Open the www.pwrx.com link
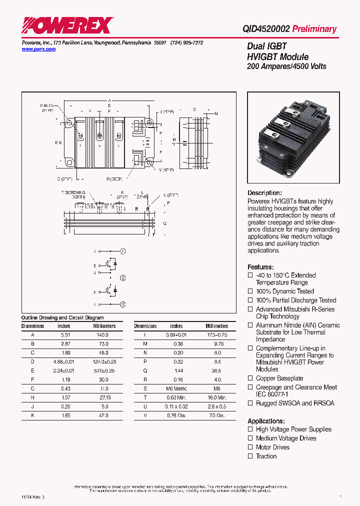point(38,49)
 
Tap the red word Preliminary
point(314,29)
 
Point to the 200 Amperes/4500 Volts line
point(286,66)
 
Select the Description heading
point(264,193)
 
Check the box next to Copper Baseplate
point(250,378)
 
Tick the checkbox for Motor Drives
point(250,447)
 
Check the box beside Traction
point(250,456)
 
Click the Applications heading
point(266,421)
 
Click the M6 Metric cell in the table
point(176,388)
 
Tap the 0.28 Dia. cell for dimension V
point(176,415)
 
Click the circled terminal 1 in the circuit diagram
point(123,251)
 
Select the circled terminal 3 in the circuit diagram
point(123,304)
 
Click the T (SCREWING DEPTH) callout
point(73,195)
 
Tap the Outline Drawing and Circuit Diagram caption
point(62,317)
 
